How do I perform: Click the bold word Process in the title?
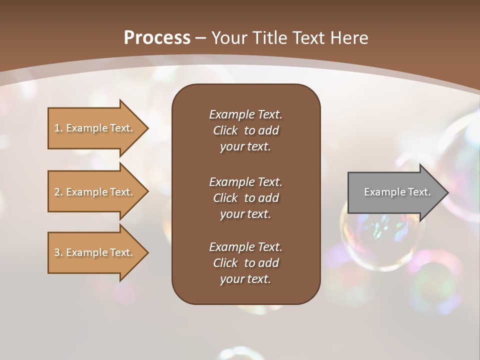pyautogui.click(x=157, y=38)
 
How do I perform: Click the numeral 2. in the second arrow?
pyautogui.click(x=58, y=192)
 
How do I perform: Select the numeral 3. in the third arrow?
pyautogui.click(x=58, y=252)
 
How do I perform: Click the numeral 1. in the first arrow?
pyautogui.click(x=58, y=128)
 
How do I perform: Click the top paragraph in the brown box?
pyautogui.click(x=245, y=130)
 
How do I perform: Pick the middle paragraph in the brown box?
pyautogui.click(x=245, y=198)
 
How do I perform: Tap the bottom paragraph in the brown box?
pyautogui.click(x=245, y=263)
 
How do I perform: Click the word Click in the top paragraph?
pyautogui.click(x=225, y=130)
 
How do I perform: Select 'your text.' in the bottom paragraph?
pyautogui.click(x=245, y=279)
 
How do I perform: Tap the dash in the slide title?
pyautogui.click(x=200, y=38)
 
